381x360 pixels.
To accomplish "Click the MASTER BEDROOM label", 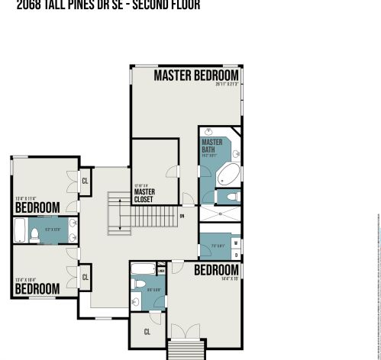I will (196, 76).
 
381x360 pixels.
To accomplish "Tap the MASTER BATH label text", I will (212, 146).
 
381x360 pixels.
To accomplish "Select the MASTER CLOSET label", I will (144, 196).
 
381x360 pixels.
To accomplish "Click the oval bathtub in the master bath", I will (228, 176).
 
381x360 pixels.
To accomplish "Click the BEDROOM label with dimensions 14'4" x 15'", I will (216, 270).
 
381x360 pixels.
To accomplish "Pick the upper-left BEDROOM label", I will (37, 207).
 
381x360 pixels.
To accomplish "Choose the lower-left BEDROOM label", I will (37, 289).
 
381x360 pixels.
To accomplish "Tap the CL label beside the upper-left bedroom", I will (85, 181).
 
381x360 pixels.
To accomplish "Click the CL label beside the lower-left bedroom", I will (85, 277).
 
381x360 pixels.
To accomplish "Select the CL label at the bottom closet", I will (147, 332).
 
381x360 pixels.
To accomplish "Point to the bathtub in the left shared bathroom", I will (21, 229).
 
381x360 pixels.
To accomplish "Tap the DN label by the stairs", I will (182, 216).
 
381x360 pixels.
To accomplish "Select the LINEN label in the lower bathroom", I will (161, 269).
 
